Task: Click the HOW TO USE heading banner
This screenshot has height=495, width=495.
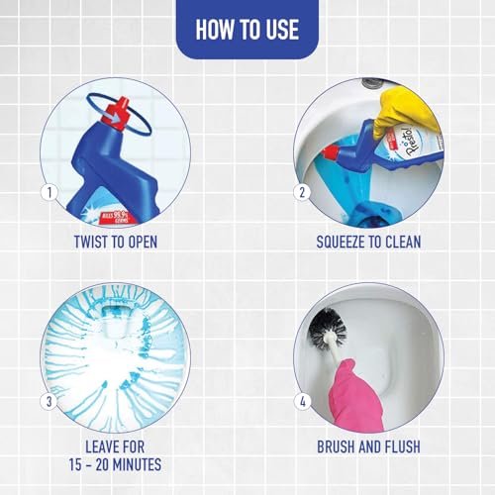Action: tap(247, 29)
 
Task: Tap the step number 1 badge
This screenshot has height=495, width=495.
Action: tap(49, 192)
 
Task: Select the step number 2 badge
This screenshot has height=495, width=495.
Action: tap(302, 192)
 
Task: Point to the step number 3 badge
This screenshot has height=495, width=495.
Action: tap(49, 402)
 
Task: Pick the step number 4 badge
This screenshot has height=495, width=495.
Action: tap(302, 402)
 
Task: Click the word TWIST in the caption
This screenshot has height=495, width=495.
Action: tap(90, 242)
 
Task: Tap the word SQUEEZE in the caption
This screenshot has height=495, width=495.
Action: tap(341, 242)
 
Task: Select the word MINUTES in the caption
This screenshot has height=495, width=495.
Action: tap(137, 464)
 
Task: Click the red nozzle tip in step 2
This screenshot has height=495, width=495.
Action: tap(330, 152)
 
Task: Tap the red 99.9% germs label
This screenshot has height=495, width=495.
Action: tap(116, 217)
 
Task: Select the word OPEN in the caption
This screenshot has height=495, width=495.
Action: tap(143, 242)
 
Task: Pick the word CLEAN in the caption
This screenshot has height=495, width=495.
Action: tap(403, 242)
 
